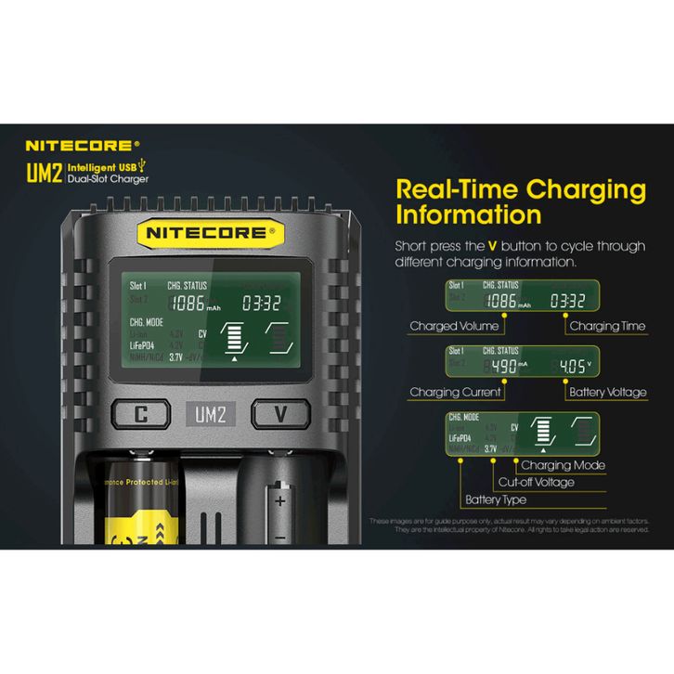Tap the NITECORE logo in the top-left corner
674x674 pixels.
tap(83, 146)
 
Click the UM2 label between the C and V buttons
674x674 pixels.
tap(210, 414)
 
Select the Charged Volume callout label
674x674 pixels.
tap(454, 326)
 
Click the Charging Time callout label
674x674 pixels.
tap(607, 326)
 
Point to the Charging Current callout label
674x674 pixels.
tap(455, 393)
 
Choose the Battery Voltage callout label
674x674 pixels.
tap(606, 393)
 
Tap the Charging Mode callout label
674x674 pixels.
tap(563, 465)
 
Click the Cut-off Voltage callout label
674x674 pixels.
tap(536, 482)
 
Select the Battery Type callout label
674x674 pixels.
tap(497, 500)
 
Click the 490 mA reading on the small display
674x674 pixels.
tap(506, 365)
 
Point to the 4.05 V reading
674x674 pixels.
tap(573, 365)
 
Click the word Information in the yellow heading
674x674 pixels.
tap(468, 215)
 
